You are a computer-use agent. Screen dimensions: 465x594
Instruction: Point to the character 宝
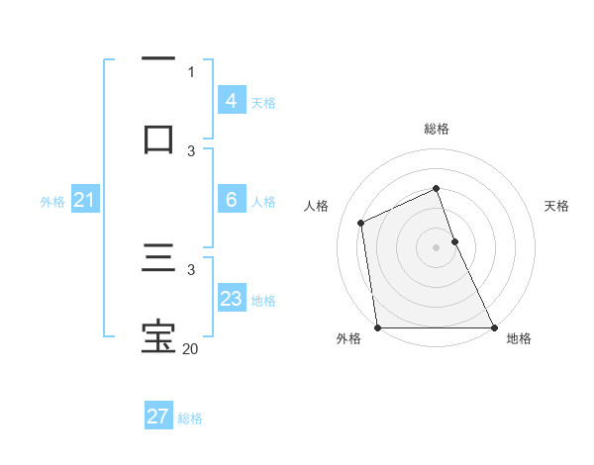[158, 336]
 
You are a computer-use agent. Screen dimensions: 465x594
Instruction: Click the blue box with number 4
[231, 101]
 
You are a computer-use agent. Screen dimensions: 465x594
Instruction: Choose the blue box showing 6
[231, 200]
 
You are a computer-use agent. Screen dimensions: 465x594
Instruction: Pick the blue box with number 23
[231, 299]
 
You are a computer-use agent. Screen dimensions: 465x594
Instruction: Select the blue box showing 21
[84, 201]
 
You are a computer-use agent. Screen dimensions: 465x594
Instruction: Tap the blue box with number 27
[157, 417]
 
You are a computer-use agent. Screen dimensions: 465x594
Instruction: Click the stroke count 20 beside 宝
[191, 348]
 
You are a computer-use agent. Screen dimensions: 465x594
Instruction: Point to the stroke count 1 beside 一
[191, 71]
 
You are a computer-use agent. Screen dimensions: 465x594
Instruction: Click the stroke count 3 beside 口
[191, 150]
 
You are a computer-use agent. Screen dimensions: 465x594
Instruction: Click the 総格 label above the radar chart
[437, 129]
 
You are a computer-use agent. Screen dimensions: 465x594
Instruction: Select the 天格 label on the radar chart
[557, 206]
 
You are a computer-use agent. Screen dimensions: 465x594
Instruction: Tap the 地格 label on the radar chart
[519, 339]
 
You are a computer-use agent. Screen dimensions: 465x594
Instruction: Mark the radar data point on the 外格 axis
[377, 327]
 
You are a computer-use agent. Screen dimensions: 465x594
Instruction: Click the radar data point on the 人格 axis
[361, 223]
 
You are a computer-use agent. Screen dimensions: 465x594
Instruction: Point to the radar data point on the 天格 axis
[454, 241]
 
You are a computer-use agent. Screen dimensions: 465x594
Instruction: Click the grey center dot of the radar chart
[436, 247]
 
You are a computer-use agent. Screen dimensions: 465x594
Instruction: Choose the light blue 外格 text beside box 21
[52, 202]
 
